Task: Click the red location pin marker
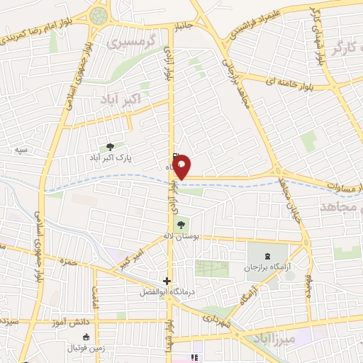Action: coord(182,167)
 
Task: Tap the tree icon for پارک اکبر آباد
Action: coord(109,146)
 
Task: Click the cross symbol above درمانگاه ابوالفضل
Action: coord(167,280)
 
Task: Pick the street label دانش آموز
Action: coord(72,323)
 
